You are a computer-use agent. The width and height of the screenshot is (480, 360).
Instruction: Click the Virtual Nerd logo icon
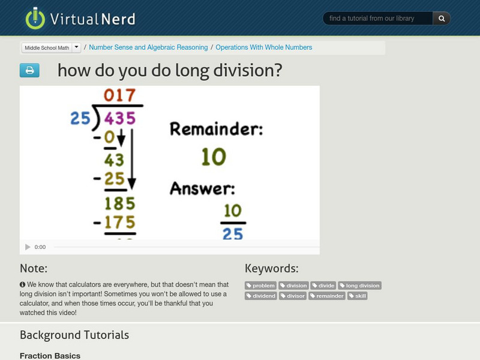(35, 18)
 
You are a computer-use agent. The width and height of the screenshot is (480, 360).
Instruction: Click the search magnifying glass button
(442, 19)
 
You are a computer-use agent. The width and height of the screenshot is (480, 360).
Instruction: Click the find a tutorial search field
(378, 19)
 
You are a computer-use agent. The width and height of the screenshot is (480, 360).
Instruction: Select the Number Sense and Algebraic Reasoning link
(148, 47)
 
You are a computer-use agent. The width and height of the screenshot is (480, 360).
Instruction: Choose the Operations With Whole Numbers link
(263, 47)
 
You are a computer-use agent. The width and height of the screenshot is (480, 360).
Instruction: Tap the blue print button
(29, 70)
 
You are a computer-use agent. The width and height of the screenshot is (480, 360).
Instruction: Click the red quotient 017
(120, 95)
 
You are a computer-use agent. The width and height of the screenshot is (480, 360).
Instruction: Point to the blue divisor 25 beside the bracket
(80, 118)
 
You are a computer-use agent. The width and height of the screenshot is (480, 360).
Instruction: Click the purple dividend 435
(120, 118)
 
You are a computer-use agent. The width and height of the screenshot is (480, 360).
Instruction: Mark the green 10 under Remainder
(213, 157)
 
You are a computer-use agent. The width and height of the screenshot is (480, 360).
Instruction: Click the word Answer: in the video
(202, 188)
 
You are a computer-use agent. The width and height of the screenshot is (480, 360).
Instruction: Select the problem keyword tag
(261, 286)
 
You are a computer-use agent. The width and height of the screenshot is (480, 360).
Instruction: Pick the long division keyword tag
(359, 286)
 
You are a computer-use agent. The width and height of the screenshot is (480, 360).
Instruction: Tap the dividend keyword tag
(261, 296)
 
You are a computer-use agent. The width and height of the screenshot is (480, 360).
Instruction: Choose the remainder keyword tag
(327, 296)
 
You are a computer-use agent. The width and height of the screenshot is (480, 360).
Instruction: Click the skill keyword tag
(358, 296)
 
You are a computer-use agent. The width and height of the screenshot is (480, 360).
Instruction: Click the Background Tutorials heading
(74, 335)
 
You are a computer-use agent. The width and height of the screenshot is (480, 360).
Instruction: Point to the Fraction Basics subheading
(50, 356)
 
